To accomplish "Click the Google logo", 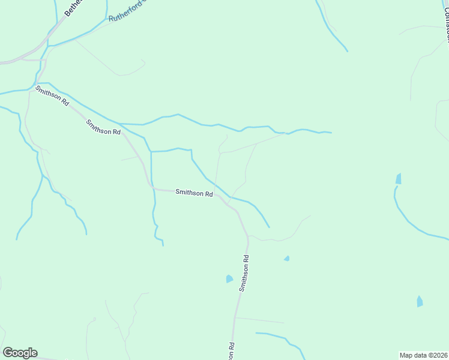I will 20,353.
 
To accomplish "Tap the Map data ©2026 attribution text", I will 424,355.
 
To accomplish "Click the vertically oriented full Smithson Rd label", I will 244,273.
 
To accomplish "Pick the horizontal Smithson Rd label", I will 194,193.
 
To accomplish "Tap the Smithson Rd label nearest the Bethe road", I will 52,96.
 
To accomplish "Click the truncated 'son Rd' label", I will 231,351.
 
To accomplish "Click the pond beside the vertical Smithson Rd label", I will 229,278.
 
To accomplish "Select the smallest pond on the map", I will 287,259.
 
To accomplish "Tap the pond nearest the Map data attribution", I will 420,301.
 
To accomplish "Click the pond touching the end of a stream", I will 399,179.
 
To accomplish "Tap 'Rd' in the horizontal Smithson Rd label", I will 208,194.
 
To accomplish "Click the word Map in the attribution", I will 406,355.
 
